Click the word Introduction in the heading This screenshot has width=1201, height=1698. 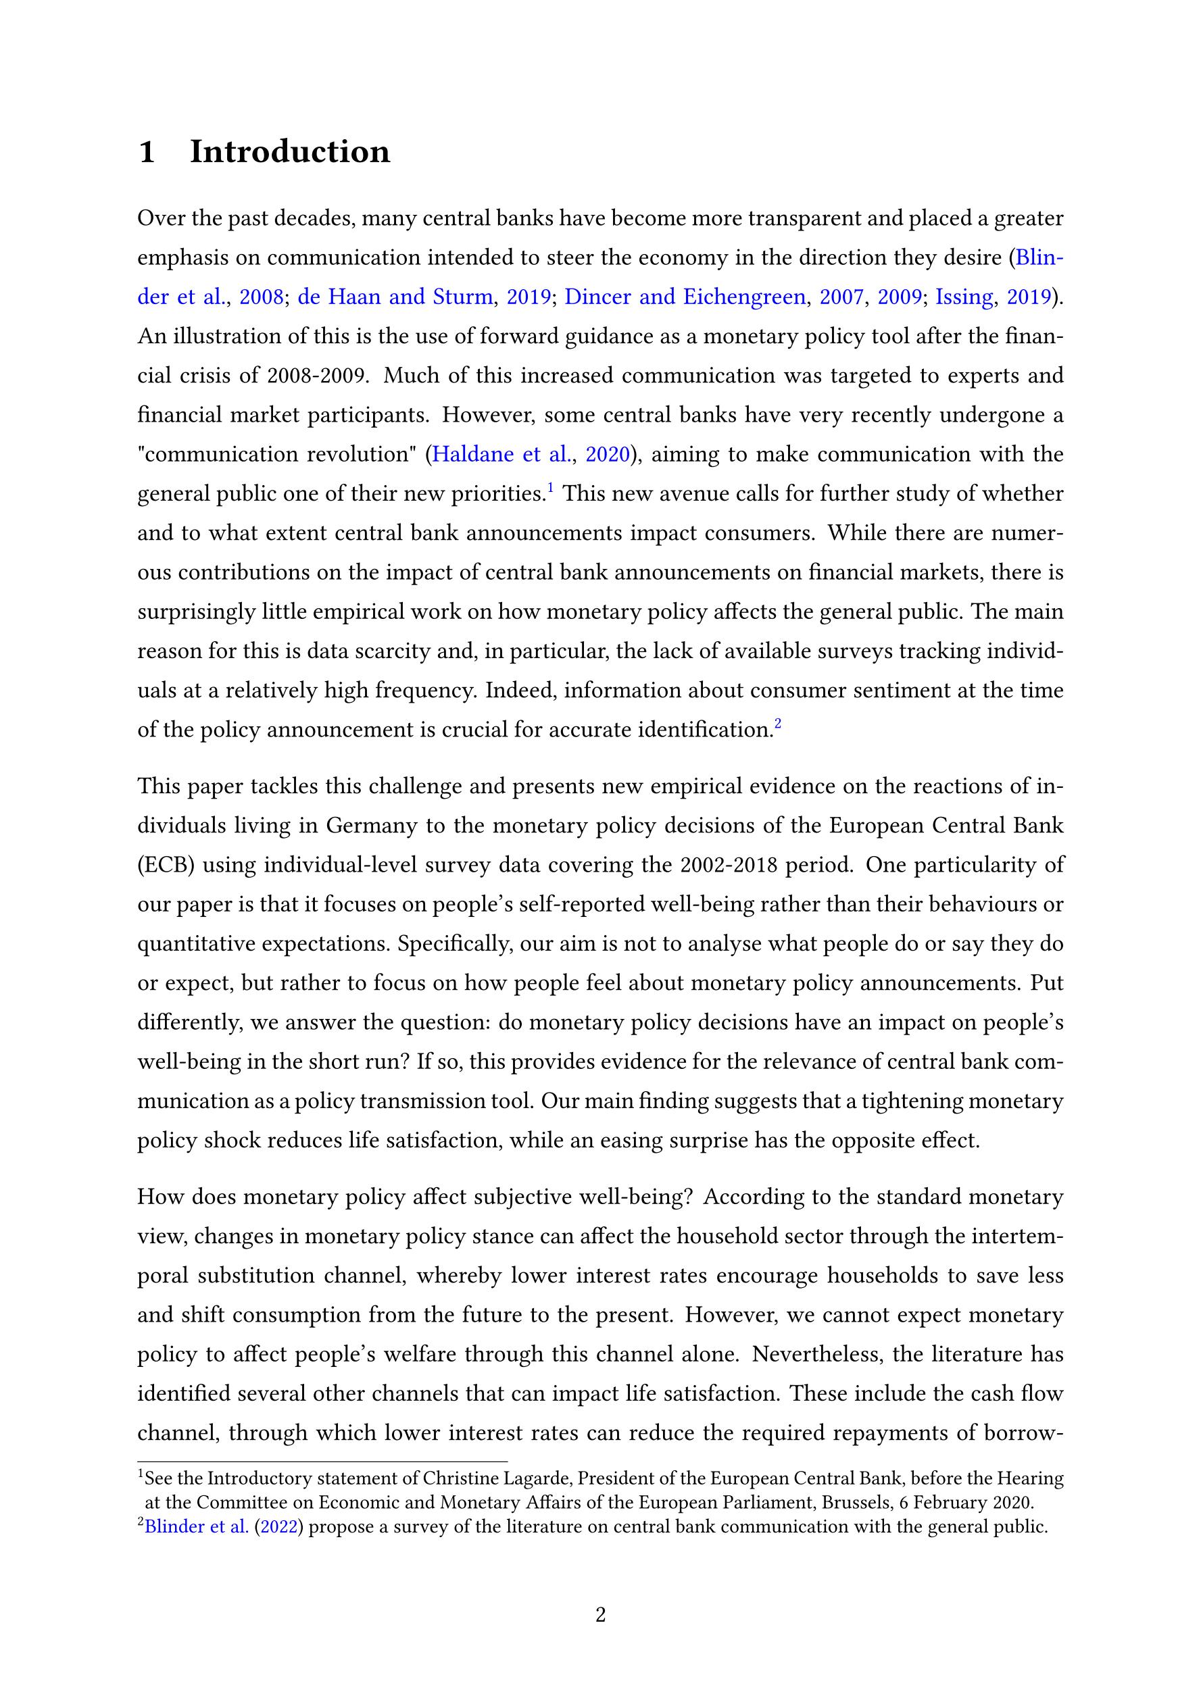[289, 151]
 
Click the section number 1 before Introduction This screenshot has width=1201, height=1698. [147, 152]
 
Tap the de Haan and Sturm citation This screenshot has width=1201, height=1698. [395, 297]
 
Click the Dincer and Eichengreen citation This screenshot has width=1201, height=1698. [685, 297]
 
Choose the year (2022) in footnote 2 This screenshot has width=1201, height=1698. [280, 1527]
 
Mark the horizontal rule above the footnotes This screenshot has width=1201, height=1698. [322, 1462]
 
